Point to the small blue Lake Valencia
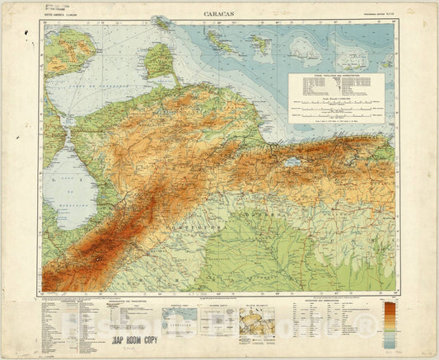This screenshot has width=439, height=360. click(292, 162)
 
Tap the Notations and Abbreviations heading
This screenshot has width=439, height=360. click(329, 300)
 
